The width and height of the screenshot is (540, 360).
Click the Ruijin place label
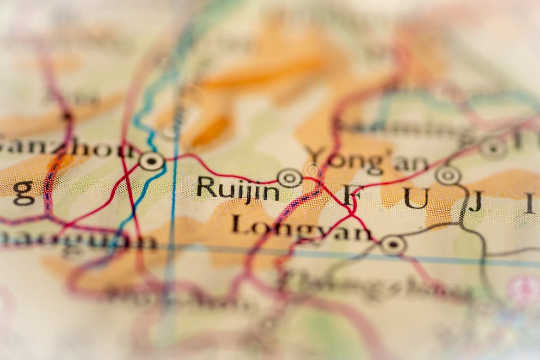pyautogui.click(x=238, y=188)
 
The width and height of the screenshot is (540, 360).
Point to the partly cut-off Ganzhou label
pyautogui.click(x=65, y=147)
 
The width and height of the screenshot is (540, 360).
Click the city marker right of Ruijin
pyautogui.click(x=290, y=178)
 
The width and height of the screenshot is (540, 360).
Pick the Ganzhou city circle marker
pyautogui.click(x=151, y=161)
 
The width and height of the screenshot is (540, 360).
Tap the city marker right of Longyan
pyautogui.click(x=392, y=245)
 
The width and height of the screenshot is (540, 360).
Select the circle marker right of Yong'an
pyautogui.click(x=448, y=175)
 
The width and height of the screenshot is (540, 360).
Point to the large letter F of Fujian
pyautogui.click(x=353, y=194)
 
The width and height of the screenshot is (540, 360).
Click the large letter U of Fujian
pyautogui.click(x=416, y=198)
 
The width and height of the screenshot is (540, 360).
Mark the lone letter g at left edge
pyautogui.click(x=23, y=193)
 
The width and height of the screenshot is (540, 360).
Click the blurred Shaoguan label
pyautogui.click(x=76, y=241)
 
